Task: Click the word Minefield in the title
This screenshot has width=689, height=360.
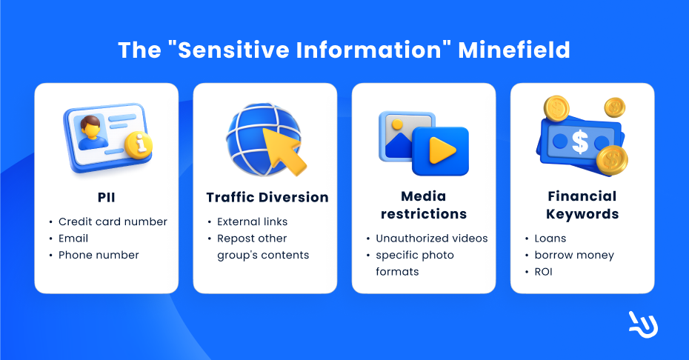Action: click(x=514, y=50)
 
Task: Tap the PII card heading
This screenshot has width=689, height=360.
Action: click(x=107, y=197)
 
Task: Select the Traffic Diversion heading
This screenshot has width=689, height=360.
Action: click(x=267, y=197)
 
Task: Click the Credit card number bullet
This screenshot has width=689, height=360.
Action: click(x=113, y=221)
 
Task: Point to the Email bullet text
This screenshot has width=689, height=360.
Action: click(x=73, y=239)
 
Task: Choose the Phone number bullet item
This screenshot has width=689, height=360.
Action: click(x=99, y=255)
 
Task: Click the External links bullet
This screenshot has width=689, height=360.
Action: click(x=252, y=221)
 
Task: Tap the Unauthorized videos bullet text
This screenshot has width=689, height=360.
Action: click(x=431, y=239)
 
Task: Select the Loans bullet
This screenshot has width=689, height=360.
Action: click(x=550, y=239)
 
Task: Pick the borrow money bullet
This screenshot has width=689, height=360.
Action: click(x=574, y=256)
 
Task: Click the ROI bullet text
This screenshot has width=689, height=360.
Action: click(x=543, y=272)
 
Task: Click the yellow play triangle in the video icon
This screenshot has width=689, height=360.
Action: click(x=442, y=150)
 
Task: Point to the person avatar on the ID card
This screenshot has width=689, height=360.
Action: click(x=91, y=132)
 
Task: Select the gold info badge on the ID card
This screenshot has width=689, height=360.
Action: click(x=139, y=145)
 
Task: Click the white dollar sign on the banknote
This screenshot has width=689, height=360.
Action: click(x=580, y=142)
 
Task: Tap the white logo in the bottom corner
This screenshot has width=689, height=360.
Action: click(x=643, y=325)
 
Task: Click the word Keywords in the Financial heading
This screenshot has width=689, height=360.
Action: click(x=582, y=214)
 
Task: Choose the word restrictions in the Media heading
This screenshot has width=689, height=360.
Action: click(x=424, y=214)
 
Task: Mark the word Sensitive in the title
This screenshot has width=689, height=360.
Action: click(x=233, y=50)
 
